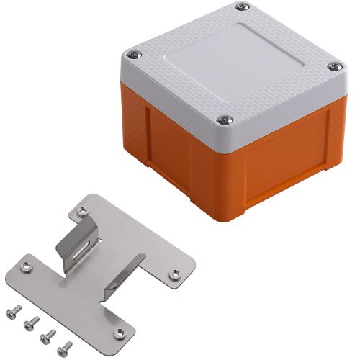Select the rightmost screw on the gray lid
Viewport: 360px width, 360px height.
tap(333, 67)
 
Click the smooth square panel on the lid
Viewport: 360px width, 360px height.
tap(233, 61)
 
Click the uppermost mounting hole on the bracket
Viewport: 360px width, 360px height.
tap(85, 210)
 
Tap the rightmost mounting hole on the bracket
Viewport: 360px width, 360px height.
tap(174, 273)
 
